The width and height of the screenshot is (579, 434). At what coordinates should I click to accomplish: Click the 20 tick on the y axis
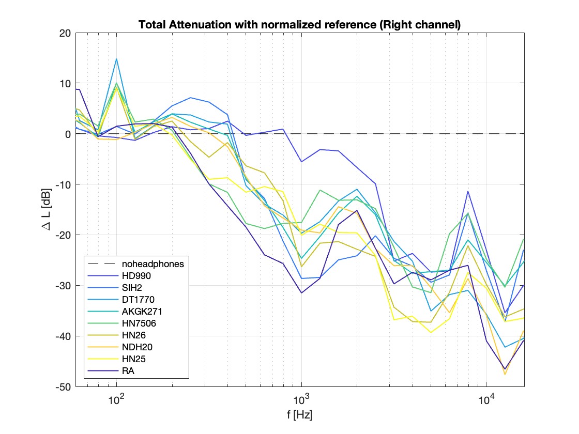[x=66, y=33]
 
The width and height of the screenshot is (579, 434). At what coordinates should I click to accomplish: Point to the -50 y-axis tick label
[x=64, y=387]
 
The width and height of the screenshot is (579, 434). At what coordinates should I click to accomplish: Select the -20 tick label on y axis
[x=64, y=235]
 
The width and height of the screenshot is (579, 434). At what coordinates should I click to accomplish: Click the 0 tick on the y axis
[x=68, y=134]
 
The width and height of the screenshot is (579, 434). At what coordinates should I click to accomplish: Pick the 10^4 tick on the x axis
[x=486, y=399]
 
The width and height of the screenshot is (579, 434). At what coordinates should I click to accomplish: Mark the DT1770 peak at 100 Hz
[x=116, y=59]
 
